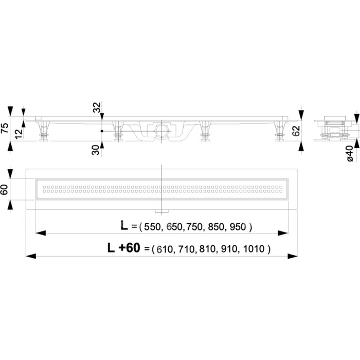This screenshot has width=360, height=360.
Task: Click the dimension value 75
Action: click(x=5, y=128)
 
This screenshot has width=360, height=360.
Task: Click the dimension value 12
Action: click(x=19, y=133)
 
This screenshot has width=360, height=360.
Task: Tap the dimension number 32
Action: click(x=97, y=107)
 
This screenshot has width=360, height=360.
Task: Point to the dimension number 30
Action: click(x=96, y=150)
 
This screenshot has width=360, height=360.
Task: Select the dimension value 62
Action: click(x=296, y=131)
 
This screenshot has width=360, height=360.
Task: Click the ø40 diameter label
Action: click(x=350, y=153)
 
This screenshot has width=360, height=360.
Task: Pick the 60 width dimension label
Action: click(x=5, y=189)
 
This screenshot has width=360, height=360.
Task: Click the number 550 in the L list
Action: click(x=152, y=227)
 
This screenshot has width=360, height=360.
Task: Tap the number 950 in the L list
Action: click(x=238, y=227)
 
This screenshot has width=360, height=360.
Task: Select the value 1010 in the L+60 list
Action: click(x=254, y=249)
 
